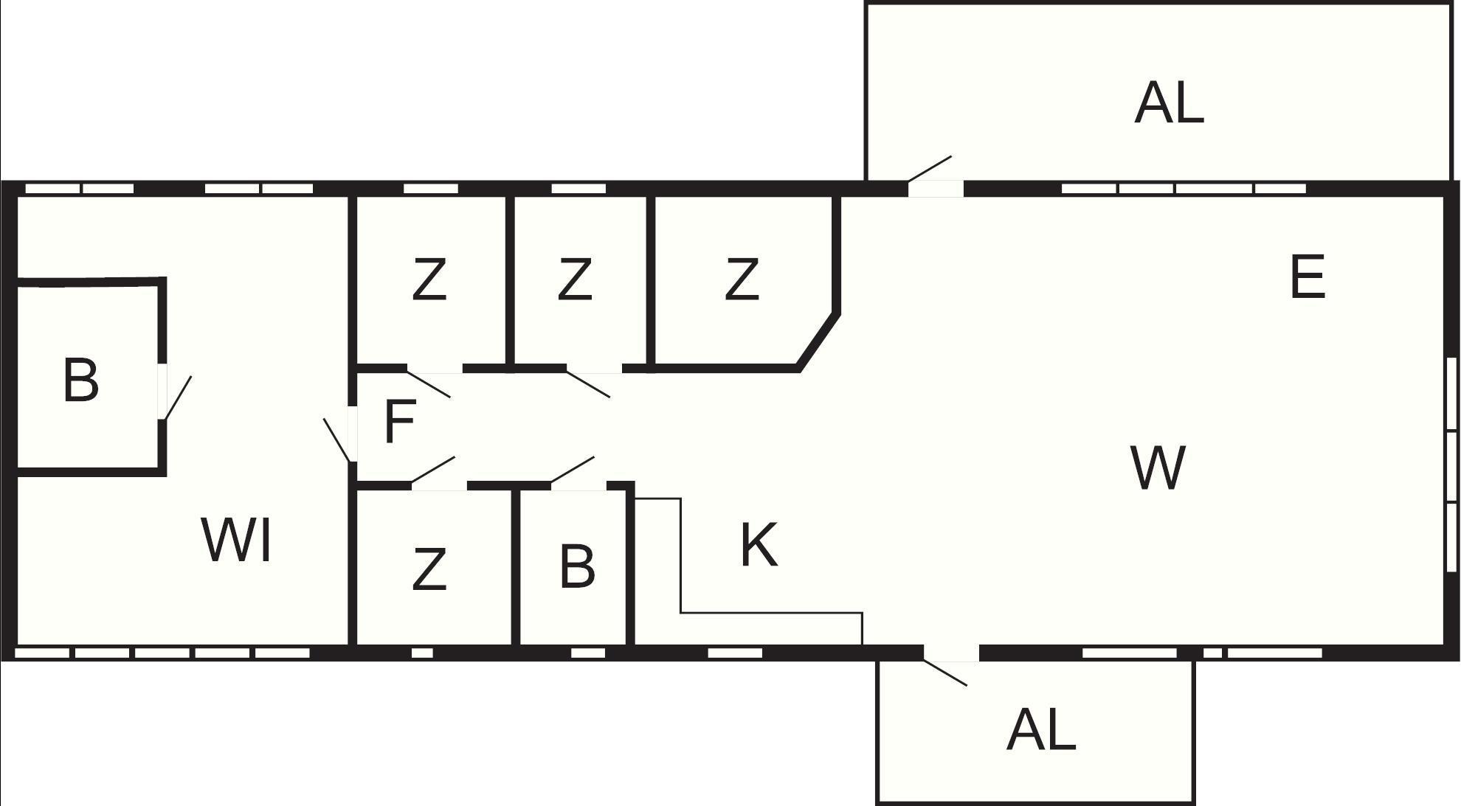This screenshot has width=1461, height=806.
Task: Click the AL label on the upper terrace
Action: (x=1170, y=103)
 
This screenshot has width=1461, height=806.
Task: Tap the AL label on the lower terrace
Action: (x=1041, y=730)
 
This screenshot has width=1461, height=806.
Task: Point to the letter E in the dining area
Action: (x=1308, y=277)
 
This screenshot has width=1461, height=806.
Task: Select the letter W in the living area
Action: (x=1158, y=468)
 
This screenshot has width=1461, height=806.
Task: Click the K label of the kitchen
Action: (x=759, y=545)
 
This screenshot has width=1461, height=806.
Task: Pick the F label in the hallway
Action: (x=400, y=421)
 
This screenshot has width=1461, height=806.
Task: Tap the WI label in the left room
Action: (x=236, y=541)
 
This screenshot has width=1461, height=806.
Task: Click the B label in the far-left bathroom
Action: (x=81, y=381)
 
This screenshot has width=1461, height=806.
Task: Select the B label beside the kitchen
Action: (x=577, y=566)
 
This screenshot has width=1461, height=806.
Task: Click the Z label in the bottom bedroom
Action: (x=429, y=569)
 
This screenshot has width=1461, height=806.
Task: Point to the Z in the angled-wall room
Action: (x=742, y=279)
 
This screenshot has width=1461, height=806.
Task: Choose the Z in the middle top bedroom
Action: (x=575, y=279)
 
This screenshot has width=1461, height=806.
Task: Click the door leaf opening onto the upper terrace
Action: (x=930, y=168)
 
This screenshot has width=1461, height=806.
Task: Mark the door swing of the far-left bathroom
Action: (x=178, y=398)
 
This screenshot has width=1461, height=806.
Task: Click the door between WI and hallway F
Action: (x=336, y=440)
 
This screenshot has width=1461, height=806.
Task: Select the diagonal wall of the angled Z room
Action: (x=818, y=341)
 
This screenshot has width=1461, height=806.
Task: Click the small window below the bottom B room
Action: (x=588, y=653)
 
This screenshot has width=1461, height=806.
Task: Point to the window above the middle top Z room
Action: (x=578, y=189)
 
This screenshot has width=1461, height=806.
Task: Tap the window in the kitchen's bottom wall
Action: (x=735, y=653)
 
